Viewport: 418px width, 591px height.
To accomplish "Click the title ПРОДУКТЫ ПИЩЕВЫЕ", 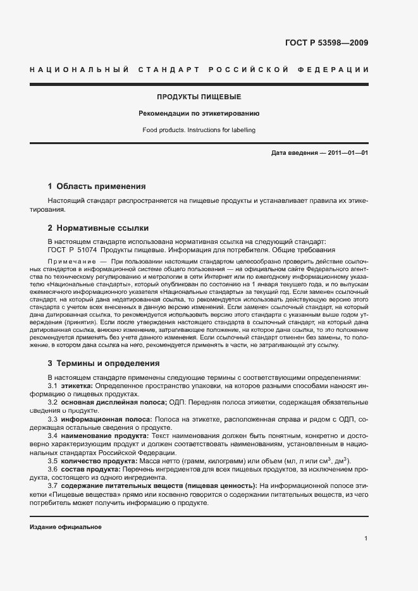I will (199, 97).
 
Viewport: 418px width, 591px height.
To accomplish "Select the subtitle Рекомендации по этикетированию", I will (199, 114).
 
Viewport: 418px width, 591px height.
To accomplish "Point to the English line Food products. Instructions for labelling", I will (199, 130).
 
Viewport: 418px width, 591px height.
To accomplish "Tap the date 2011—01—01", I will (348, 153).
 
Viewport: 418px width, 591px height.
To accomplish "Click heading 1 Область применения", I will (97, 186).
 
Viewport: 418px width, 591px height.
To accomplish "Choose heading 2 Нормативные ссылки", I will (98, 228).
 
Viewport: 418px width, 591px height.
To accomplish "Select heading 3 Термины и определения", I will (104, 363).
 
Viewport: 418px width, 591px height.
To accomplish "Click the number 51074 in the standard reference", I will (84, 250).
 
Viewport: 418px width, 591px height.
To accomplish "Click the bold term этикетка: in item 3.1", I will (77, 385).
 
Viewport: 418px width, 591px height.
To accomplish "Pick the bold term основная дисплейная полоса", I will (113, 402).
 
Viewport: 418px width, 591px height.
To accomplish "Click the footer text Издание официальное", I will (66, 527).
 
